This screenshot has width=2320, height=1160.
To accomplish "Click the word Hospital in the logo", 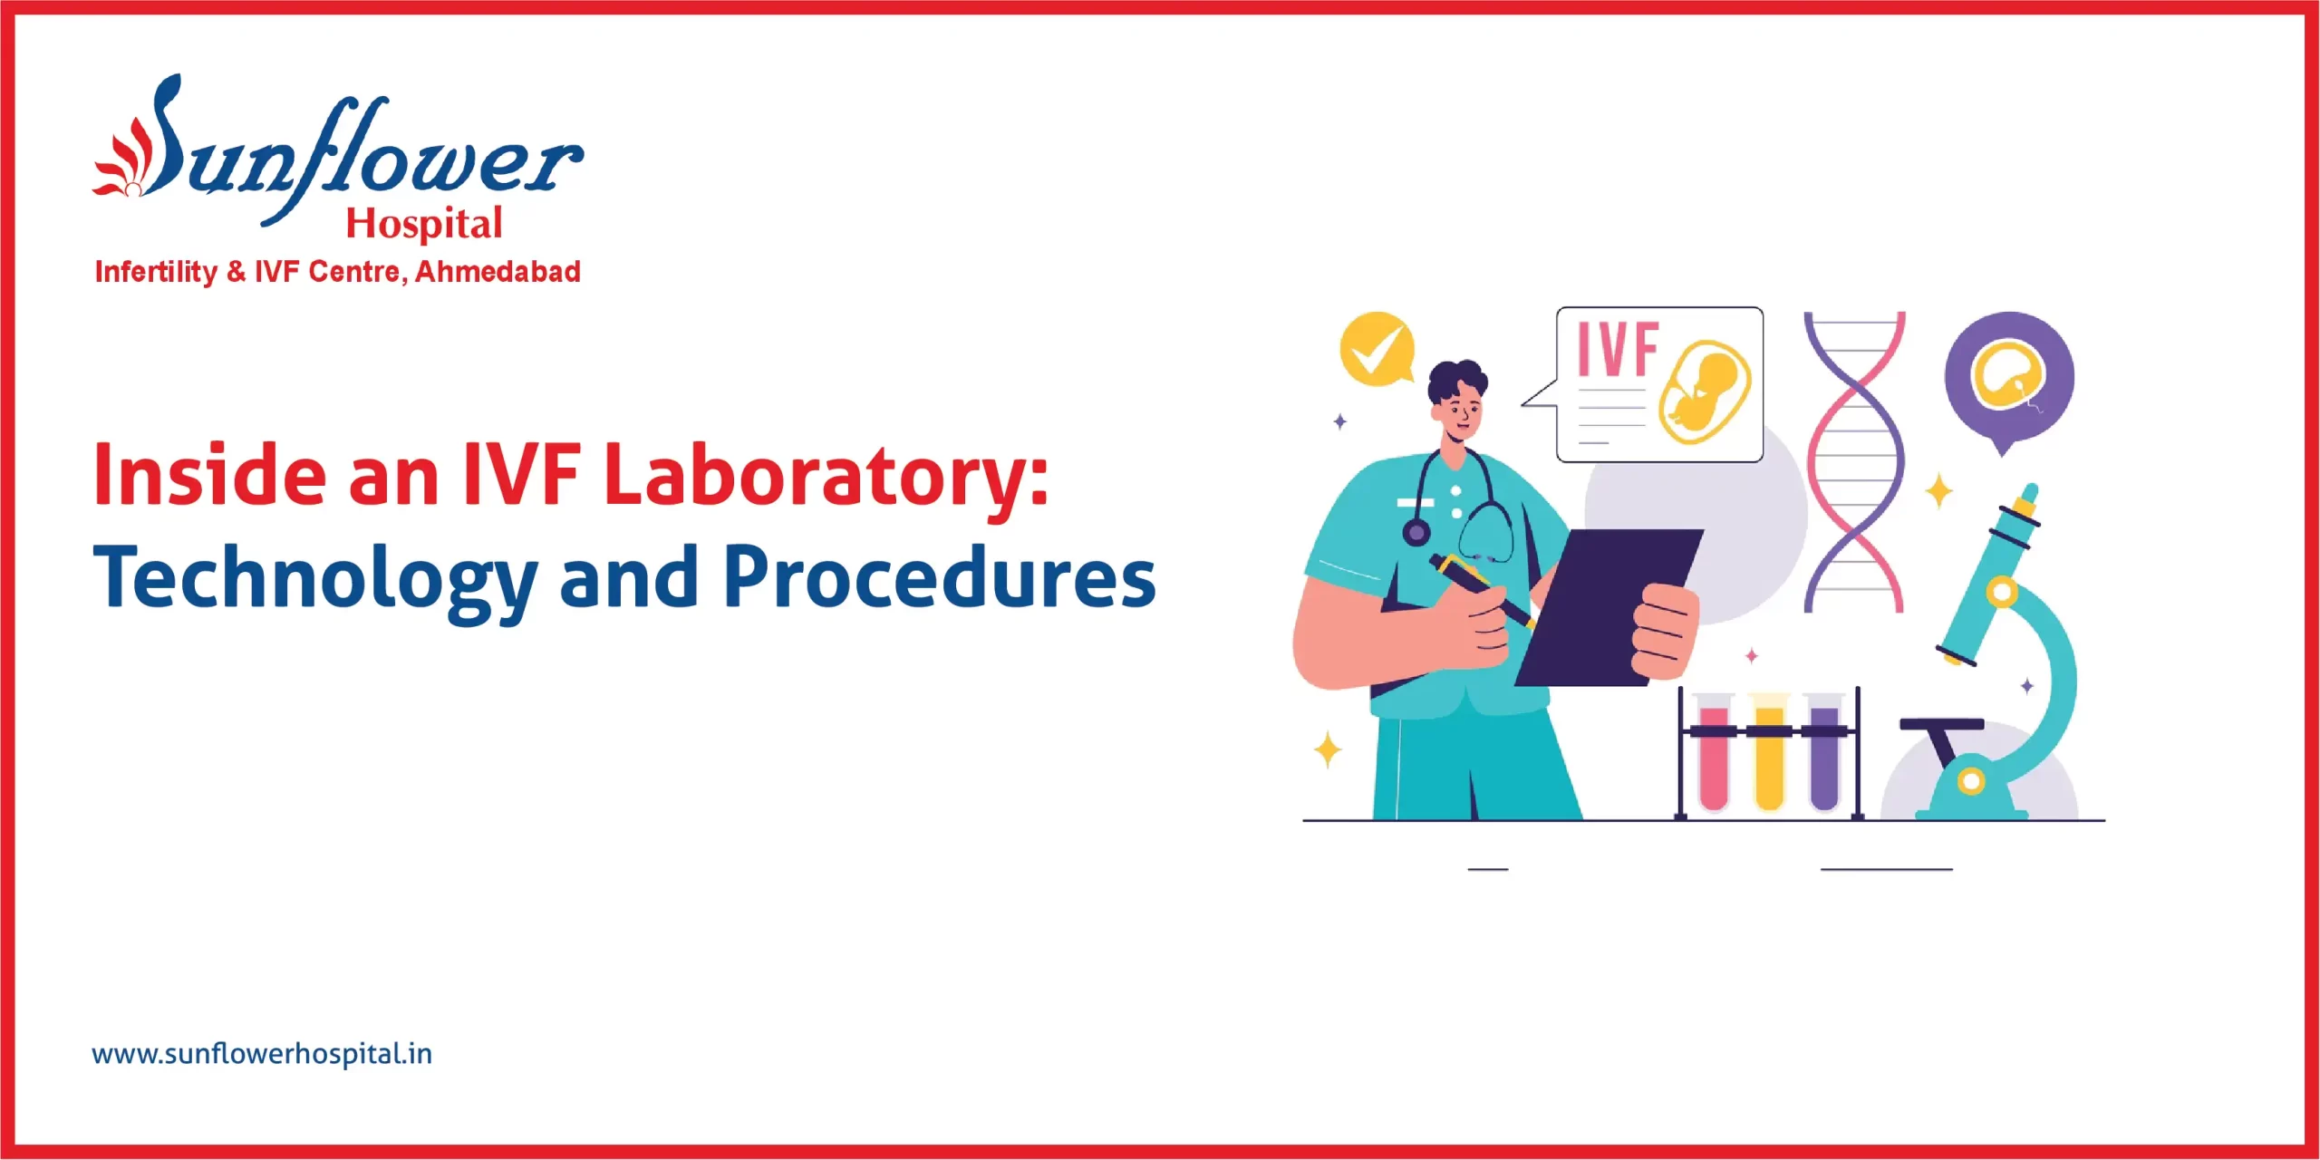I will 424,224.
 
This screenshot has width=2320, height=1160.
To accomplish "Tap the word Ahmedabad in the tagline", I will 498,272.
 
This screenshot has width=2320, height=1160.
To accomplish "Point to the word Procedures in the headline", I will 939,576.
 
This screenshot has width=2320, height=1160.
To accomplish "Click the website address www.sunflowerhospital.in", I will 262,1054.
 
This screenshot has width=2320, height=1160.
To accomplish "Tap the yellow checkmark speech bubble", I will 1376,349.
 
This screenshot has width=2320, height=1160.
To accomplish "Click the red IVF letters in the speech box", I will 1618,349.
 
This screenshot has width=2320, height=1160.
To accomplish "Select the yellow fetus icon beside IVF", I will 1704,391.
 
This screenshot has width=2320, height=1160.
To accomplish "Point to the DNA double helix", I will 1854,462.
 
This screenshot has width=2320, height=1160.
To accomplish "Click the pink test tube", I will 1713,757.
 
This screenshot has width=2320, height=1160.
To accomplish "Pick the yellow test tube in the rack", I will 1769,757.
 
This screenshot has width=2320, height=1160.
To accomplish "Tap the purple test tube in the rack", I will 1823,757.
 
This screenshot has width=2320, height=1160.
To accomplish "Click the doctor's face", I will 1461,412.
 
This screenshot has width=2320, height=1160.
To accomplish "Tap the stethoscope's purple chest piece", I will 1416,532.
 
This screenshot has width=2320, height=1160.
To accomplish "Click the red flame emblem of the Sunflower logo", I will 122,163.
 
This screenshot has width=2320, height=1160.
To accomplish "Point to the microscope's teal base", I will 1971,797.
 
